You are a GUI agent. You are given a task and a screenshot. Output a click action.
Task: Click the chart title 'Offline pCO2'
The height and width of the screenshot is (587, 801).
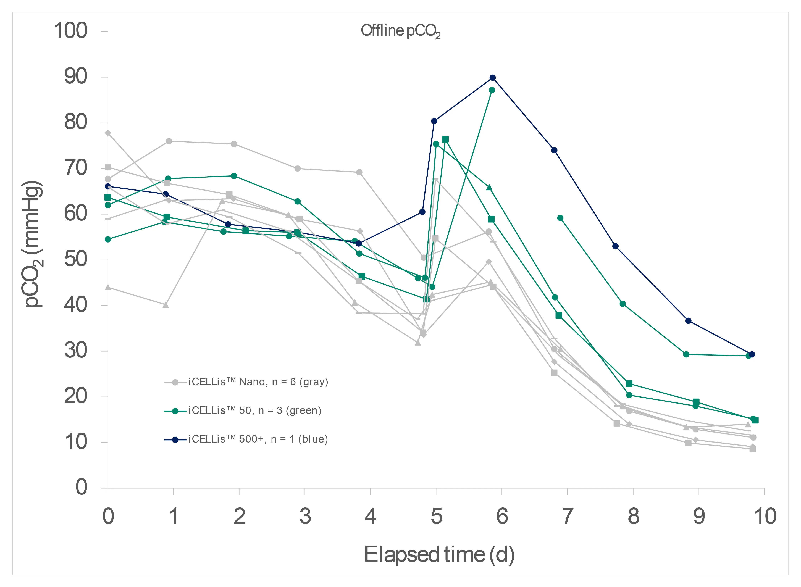tap(400, 31)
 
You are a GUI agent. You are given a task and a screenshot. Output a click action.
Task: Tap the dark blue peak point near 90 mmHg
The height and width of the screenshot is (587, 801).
tap(493, 78)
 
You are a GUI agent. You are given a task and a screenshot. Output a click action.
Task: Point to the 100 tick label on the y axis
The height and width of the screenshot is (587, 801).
tap(70, 31)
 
